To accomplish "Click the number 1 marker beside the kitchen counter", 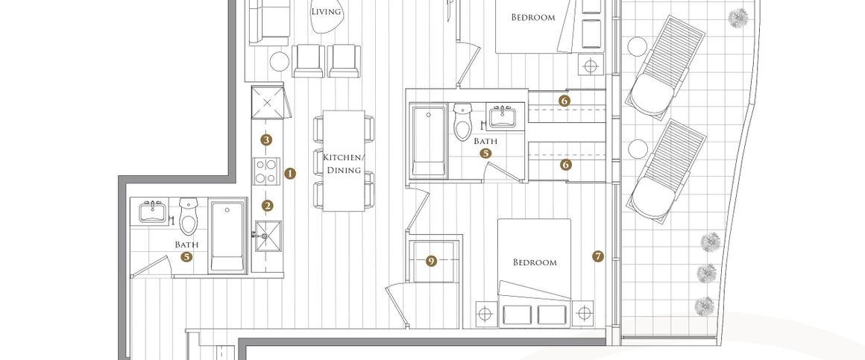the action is click(x=289, y=174).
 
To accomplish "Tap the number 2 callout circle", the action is click(x=268, y=206).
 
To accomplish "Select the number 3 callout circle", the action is click(x=266, y=140).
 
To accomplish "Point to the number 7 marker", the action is click(x=597, y=256).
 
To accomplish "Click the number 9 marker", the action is click(x=432, y=262).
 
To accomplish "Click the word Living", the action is click(x=326, y=12).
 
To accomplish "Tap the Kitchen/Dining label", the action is click(x=342, y=163).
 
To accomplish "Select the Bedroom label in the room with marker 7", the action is click(x=535, y=262).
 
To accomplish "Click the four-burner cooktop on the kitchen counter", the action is click(x=266, y=171).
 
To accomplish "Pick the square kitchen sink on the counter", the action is click(x=268, y=236).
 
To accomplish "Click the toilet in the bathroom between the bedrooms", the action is click(x=463, y=121).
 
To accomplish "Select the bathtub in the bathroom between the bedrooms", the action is click(x=429, y=141).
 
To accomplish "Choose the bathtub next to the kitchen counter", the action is click(x=227, y=236).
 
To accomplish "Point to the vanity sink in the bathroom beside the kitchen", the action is click(x=151, y=211).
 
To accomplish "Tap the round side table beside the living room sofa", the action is click(x=280, y=61).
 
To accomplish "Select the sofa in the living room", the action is click(x=269, y=22).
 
